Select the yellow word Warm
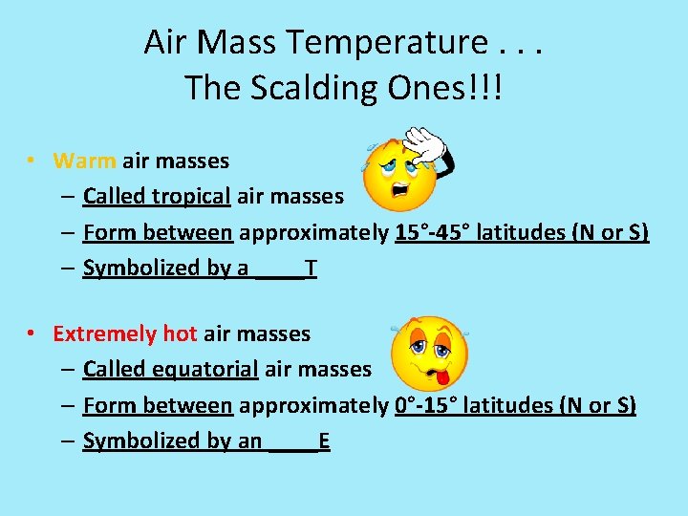point(85,161)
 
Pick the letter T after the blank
point(312,268)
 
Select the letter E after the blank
point(325,441)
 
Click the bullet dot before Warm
point(32,161)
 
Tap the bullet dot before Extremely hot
point(32,334)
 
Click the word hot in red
point(180,333)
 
